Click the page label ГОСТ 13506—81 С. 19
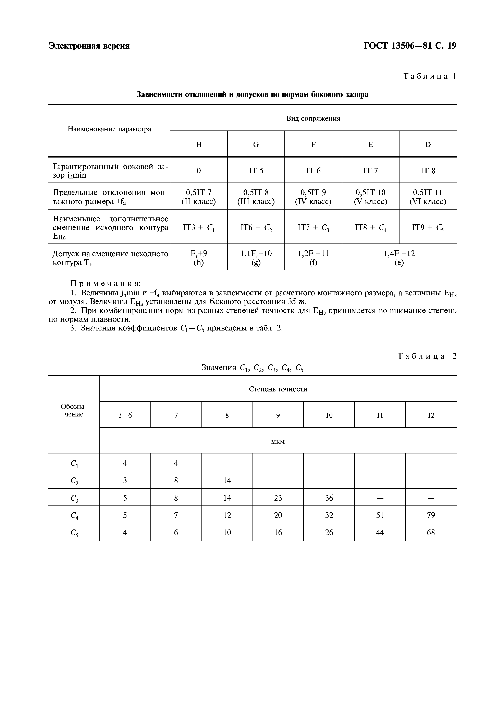point(410,46)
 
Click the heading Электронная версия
point(89,46)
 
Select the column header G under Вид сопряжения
point(256,144)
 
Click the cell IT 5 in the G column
point(256,171)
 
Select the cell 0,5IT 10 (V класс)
point(370,197)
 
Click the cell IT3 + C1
point(199,228)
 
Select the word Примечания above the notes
point(106,284)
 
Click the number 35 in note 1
point(292,302)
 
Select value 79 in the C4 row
point(431,515)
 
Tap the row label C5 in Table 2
point(74,533)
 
